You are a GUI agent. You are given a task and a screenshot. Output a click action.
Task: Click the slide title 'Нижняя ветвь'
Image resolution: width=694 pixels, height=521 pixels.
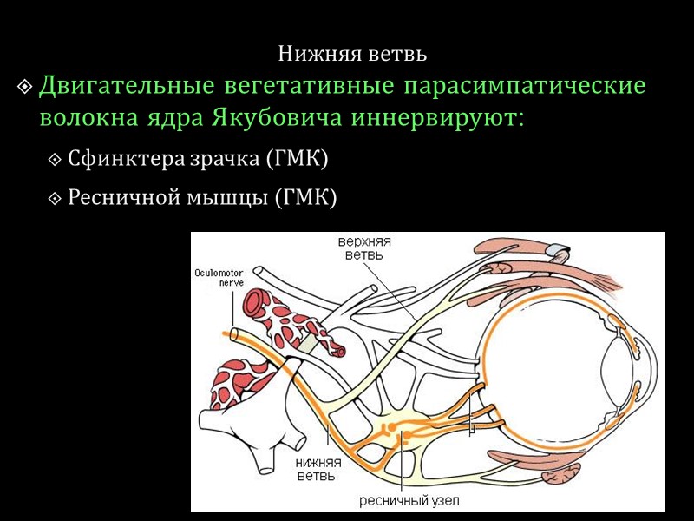tap(352, 54)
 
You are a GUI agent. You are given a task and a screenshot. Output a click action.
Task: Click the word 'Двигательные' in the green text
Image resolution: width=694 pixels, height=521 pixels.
tap(128, 87)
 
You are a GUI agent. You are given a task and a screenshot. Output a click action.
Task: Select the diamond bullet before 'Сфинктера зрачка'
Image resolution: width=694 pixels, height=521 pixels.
tap(56, 161)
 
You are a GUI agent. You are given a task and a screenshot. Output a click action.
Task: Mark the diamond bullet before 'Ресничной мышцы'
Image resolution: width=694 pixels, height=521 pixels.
tap(56, 198)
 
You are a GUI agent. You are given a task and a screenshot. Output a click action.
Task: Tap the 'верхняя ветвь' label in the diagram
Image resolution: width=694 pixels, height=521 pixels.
tap(358, 247)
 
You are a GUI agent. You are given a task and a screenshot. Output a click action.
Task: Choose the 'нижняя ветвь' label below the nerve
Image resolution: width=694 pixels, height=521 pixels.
tap(315, 468)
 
